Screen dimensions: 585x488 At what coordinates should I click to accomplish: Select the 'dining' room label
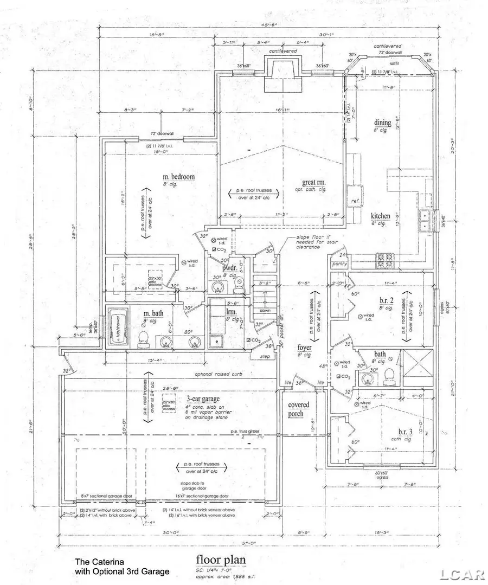click(382, 123)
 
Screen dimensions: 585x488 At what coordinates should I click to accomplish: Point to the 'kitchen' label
click(380, 216)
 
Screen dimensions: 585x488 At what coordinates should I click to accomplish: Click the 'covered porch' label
click(298, 409)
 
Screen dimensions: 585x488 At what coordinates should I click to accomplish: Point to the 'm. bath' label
click(154, 314)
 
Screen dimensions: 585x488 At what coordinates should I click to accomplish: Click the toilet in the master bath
click(143, 339)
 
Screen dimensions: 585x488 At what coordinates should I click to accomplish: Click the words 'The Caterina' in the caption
click(97, 562)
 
